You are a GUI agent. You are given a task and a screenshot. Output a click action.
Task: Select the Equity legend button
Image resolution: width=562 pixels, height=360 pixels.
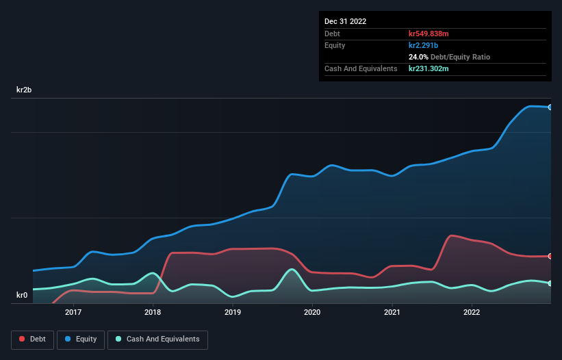(81, 339)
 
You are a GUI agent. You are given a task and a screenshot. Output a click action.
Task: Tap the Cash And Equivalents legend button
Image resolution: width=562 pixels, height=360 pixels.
(157, 339)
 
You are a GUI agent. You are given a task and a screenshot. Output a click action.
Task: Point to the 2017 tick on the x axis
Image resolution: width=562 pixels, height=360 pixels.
(73, 313)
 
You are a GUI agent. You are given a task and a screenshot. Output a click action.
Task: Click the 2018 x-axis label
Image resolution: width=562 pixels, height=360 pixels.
(153, 313)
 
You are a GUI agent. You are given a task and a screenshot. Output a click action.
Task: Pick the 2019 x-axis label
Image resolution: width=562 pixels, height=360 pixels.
(233, 313)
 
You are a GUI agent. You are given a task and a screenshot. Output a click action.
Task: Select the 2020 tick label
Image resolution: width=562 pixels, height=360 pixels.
(312, 313)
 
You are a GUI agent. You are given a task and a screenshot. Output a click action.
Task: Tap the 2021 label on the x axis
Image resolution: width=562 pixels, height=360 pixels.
(392, 313)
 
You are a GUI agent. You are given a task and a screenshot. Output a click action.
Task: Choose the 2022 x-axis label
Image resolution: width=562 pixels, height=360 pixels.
(472, 313)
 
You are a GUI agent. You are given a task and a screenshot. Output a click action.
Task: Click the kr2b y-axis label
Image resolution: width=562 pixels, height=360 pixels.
(25, 90)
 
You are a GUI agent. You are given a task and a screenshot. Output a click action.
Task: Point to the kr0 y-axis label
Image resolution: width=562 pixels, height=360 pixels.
(22, 296)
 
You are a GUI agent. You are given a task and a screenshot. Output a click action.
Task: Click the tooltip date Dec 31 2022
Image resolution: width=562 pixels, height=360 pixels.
(345, 21)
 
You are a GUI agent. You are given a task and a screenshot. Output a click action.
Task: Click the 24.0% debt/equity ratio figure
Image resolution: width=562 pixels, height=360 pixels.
(418, 57)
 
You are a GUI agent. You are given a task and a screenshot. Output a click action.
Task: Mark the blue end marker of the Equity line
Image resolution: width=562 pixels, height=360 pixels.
(550, 107)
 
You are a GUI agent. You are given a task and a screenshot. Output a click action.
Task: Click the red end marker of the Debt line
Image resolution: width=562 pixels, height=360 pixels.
(550, 256)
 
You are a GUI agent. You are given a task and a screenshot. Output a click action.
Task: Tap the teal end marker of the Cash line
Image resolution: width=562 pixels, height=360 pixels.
(550, 283)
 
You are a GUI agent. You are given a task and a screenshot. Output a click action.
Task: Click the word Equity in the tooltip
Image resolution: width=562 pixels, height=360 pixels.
(335, 45)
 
